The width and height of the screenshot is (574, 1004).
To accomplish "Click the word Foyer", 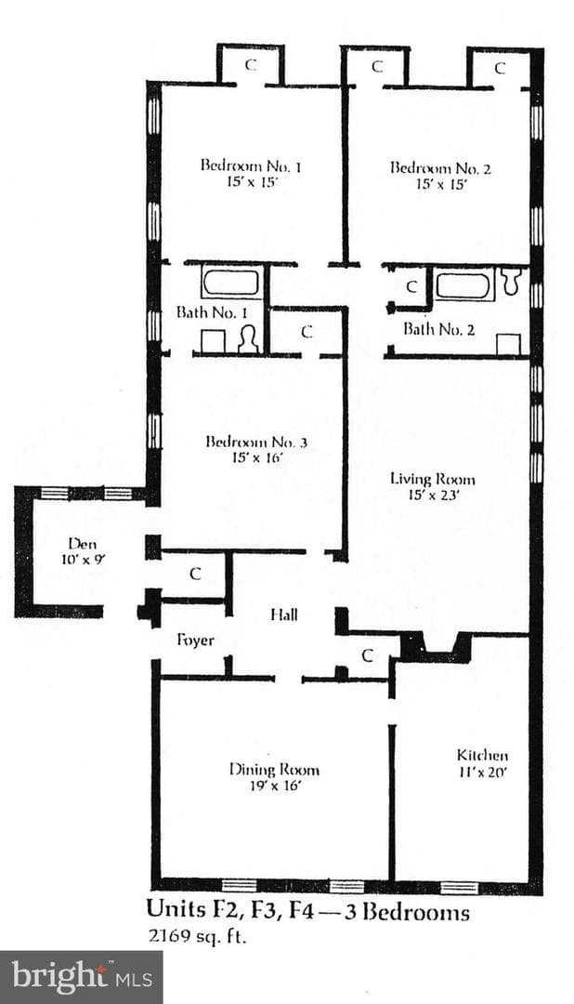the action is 195,641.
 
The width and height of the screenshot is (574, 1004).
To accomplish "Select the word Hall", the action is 284,615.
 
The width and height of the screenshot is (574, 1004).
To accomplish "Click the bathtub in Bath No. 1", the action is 231,283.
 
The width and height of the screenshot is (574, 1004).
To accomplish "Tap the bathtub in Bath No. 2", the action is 463,285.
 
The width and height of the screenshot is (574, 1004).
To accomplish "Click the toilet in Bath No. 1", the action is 248,340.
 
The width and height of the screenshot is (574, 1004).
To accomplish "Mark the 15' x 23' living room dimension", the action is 433,495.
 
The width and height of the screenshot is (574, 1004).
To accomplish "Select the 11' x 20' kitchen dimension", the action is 482,772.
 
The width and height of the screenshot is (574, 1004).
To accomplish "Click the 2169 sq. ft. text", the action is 197,937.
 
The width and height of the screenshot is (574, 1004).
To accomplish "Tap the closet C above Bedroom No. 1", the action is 252,65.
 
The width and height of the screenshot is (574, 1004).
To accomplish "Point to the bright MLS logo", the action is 82,978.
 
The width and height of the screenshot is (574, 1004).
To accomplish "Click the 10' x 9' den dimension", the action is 83,559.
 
